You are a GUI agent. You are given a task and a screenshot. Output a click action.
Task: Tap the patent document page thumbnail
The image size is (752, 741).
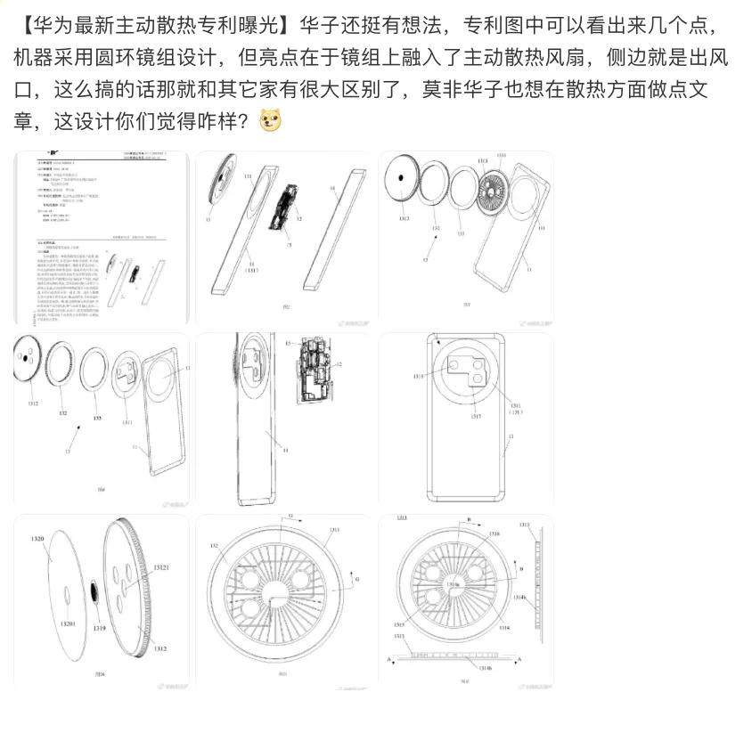pos(101,239)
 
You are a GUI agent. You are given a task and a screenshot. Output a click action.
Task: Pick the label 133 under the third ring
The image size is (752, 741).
pos(461,234)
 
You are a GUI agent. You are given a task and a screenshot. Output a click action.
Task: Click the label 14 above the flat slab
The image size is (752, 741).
pos(331,189)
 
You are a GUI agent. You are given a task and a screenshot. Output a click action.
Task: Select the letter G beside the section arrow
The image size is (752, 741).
pos(357,580)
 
